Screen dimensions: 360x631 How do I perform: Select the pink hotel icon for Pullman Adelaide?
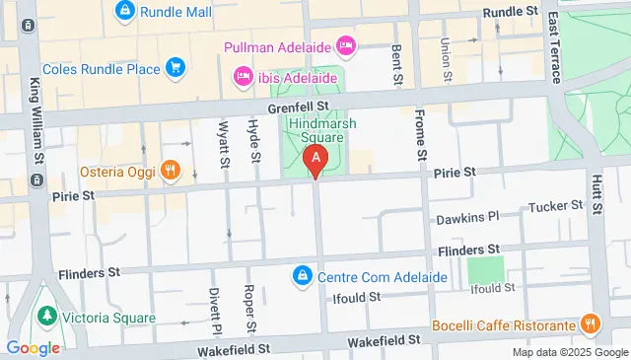pyautogui.click(x=345, y=44)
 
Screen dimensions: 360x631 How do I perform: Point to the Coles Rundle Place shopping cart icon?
pyautogui.click(x=175, y=66)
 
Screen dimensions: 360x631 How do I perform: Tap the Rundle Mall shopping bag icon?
pyautogui.click(x=124, y=12)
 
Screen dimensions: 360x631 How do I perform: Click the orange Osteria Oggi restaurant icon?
pyautogui.click(x=171, y=170)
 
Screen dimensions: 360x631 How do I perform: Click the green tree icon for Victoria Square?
pyautogui.click(x=45, y=317)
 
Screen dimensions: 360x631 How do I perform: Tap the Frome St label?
pyautogui.click(x=421, y=136)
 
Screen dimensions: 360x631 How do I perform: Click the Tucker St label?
pyautogui.click(x=556, y=206)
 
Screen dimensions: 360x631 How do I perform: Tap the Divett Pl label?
pyautogui.click(x=215, y=310)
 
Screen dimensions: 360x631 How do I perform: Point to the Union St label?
pyautogui.click(x=447, y=60)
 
